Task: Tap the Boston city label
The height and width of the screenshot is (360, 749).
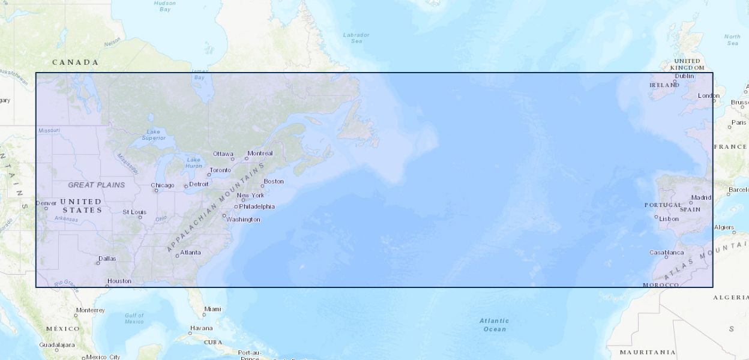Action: pos(274,181)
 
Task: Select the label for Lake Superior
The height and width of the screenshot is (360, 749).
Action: pos(154,134)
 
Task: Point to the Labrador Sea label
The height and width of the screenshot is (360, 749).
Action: pos(356,38)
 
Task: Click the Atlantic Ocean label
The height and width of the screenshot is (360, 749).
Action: pos(494,325)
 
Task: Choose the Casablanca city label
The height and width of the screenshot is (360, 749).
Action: pos(666,253)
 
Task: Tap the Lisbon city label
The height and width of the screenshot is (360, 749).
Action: pos(669,218)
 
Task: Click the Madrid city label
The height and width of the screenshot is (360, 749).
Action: pos(701,197)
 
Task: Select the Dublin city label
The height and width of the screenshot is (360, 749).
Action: pos(684,76)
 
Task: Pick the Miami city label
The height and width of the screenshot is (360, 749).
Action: pos(212,309)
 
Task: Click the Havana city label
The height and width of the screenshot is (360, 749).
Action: pos(201,328)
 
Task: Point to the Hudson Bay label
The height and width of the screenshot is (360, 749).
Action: pos(164,6)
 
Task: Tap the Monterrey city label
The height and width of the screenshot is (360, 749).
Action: pos(90,310)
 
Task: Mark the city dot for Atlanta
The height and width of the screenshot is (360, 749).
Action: pos(177,256)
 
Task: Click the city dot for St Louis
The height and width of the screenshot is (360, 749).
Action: pos(140,217)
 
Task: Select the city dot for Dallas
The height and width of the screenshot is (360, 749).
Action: pos(98,263)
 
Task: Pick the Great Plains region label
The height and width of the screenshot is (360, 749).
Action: pos(97,185)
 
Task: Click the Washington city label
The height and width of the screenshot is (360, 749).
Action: pos(243,220)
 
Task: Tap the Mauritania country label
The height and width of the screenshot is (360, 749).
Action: pos(648,352)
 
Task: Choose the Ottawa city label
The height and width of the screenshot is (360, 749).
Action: pos(223,154)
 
